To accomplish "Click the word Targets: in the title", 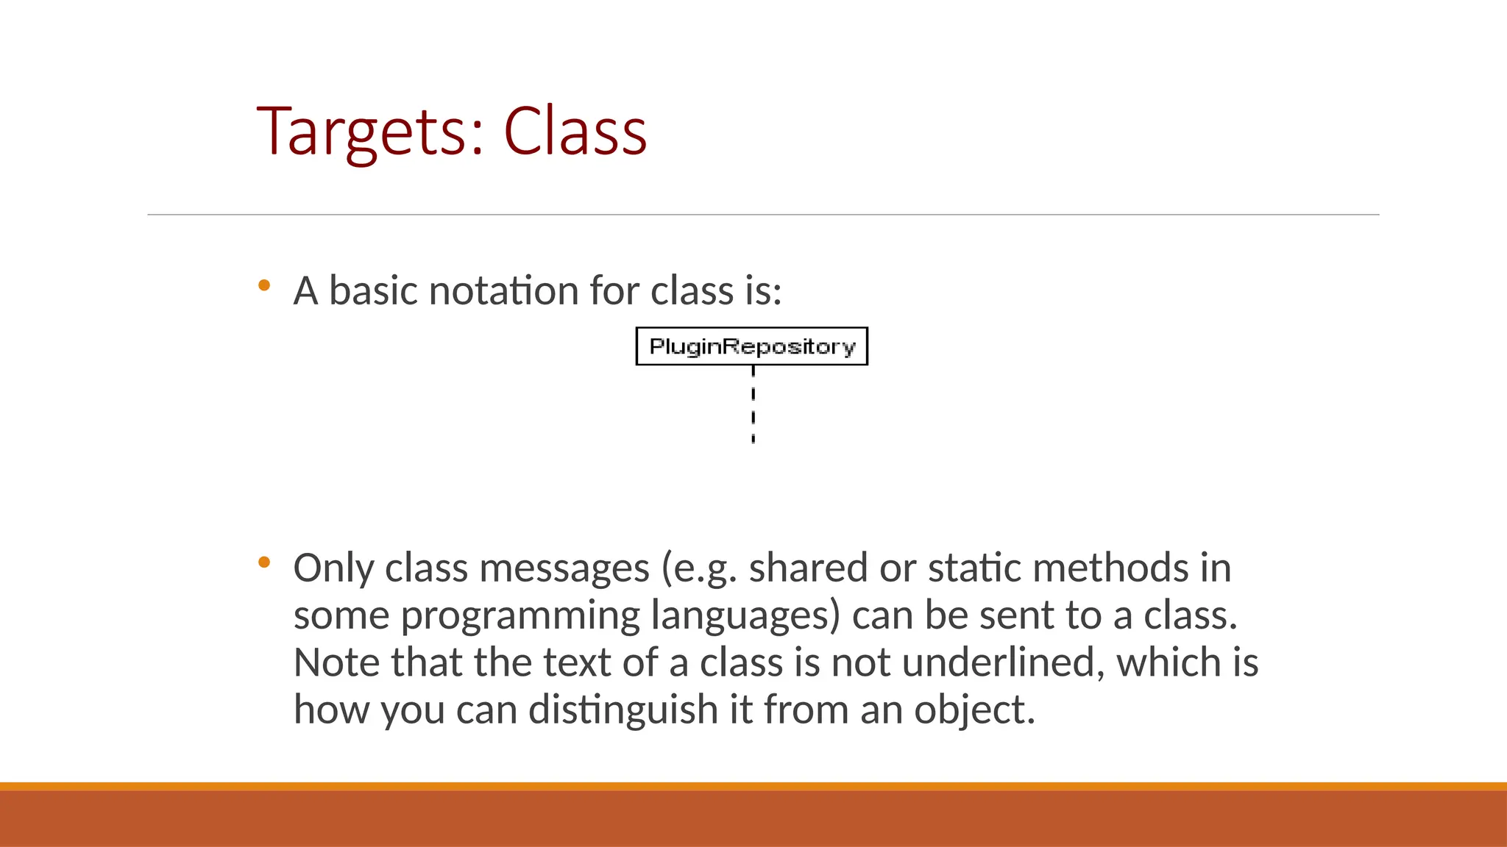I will [370, 132].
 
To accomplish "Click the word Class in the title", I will [575, 132].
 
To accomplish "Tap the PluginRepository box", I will [751, 346].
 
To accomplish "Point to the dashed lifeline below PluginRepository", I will [753, 405].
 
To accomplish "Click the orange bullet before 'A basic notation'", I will [264, 285].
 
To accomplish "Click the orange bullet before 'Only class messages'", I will [264, 563].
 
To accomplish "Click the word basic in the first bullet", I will [373, 291].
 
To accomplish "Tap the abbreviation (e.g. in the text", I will [699, 568].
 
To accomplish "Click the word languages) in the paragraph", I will [745, 616].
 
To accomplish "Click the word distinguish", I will [623, 710].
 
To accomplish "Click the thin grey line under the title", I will [763, 215].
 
